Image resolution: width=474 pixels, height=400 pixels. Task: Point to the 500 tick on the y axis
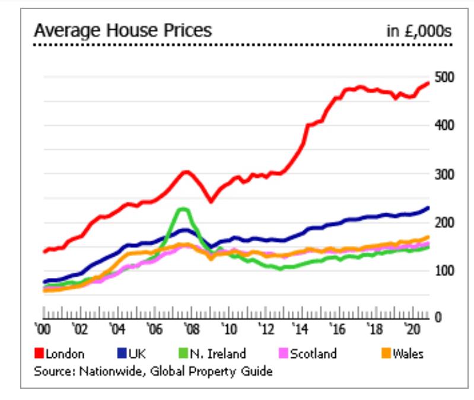tap(441, 78)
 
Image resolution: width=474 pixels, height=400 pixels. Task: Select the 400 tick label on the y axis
tap(441, 126)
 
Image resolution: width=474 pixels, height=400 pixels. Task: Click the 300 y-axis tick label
tap(441, 174)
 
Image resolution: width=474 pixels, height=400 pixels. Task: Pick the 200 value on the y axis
tap(441, 222)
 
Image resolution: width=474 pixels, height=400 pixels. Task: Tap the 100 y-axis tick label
tap(441, 271)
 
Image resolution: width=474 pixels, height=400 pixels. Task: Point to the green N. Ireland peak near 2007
tap(183, 209)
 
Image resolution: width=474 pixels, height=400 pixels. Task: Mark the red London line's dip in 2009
tap(211, 201)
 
